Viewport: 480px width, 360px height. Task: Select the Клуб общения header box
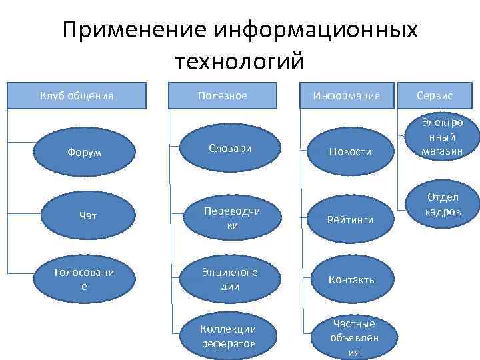(77, 96)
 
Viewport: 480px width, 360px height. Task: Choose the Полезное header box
(223, 96)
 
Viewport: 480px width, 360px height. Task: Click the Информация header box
(347, 96)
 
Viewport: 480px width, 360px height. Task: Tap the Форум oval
(76, 151)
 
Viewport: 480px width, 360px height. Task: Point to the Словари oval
(229, 148)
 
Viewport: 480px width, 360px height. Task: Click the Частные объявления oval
(353, 337)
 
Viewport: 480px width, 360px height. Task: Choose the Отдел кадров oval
(443, 204)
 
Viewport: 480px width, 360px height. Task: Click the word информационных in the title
(317, 31)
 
